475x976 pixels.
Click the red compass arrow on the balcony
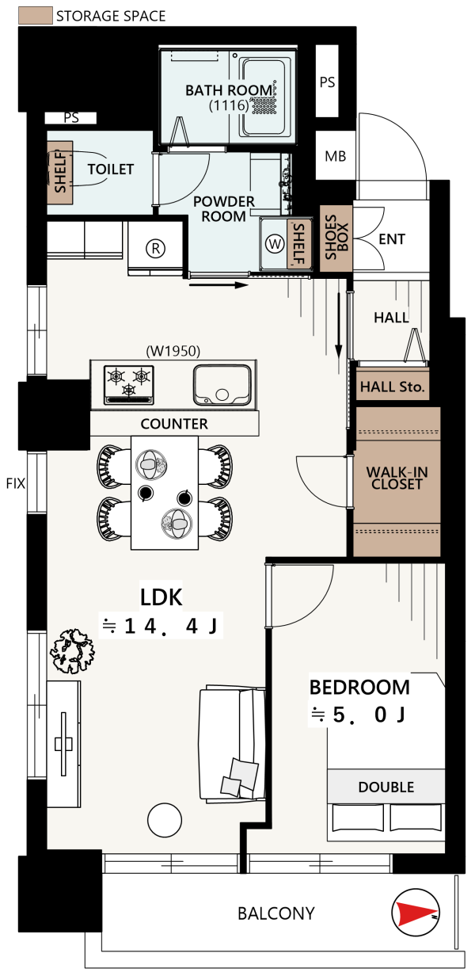(x=416, y=912)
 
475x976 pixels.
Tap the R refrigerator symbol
(x=155, y=249)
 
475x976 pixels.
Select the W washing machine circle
(x=275, y=243)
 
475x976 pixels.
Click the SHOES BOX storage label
(x=336, y=238)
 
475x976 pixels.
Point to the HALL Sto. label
(x=392, y=387)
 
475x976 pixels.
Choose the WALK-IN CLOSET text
(x=397, y=478)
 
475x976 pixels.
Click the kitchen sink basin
(x=222, y=385)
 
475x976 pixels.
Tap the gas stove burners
(x=129, y=384)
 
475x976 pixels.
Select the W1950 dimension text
(x=173, y=351)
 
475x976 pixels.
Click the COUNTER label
(x=174, y=424)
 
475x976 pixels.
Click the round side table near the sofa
(x=165, y=820)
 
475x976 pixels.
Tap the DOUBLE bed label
(x=386, y=787)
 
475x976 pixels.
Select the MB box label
(x=335, y=156)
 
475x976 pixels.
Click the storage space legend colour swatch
(x=36, y=15)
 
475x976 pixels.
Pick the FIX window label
(x=16, y=483)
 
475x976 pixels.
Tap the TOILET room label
(x=111, y=169)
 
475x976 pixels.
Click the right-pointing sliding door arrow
(x=218, y=285)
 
